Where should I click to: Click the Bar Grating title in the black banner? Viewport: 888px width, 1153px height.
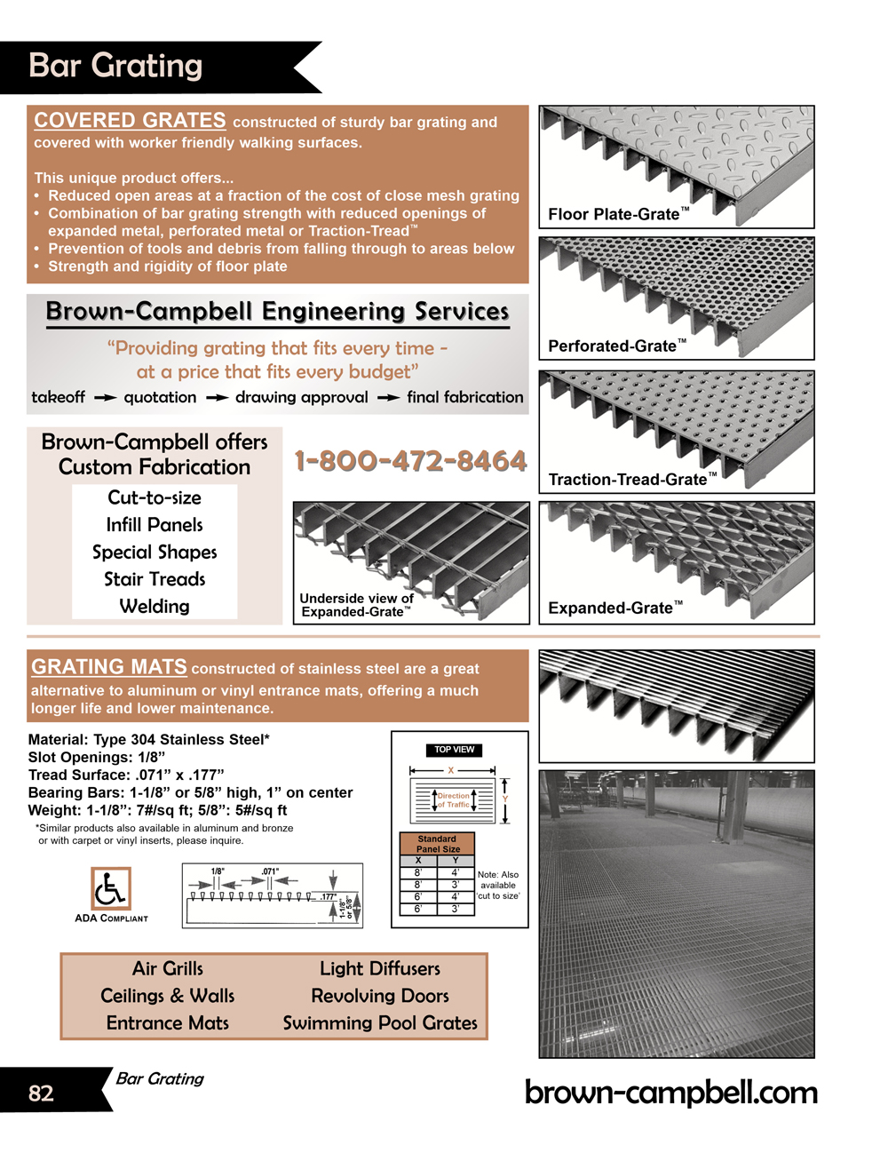[115, 66]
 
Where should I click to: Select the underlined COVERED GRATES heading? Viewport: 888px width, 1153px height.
[130, 120]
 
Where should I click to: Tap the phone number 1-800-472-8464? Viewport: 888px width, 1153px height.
[410, 461]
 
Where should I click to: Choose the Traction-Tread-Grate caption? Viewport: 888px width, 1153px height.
[631, 480]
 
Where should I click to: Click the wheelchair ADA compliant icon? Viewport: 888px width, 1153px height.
[111, 888]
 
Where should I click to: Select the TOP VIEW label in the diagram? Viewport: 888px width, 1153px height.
[454, 750]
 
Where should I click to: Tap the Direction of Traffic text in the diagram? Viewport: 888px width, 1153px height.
[454, 800]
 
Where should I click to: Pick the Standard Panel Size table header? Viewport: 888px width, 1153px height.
[437, 844]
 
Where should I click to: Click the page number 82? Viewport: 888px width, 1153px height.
[41, 1093]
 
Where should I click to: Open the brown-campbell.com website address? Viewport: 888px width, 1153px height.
[671, 1092]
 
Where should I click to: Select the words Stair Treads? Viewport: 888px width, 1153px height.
[155, 579]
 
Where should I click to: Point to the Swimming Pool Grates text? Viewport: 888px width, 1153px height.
[380, 1023]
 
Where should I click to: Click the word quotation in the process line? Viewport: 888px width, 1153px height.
[160, 397]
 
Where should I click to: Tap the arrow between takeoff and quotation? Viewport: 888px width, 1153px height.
[105, 398]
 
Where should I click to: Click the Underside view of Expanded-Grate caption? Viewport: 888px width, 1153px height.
[356, 605]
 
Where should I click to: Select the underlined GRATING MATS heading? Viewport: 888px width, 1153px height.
[109, 666]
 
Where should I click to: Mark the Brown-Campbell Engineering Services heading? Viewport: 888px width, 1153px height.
[277, 311]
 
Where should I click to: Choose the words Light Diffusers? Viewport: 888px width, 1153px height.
[380, 968]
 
